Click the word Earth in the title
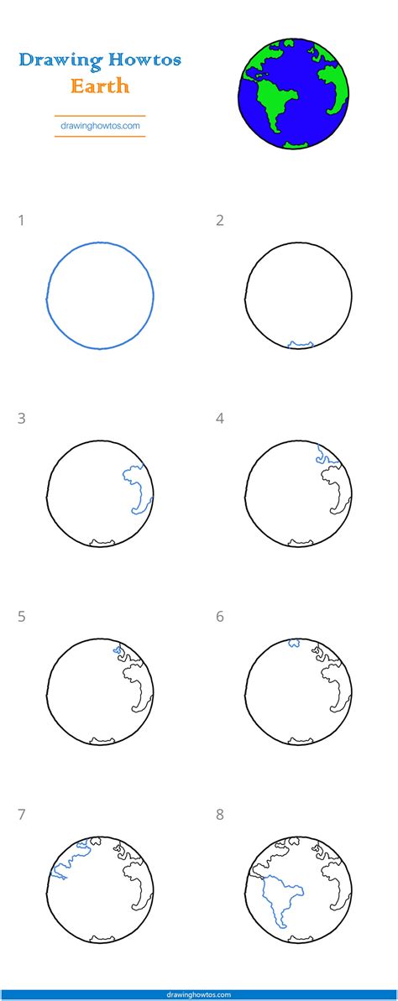[x=99, y=86]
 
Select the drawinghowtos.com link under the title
[x=99, y=127]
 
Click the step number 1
[x=21, y=221]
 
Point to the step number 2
[x=219, y=221]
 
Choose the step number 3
[x=21, y=419]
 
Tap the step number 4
[x=219, y=419]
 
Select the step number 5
[x=21, y=617]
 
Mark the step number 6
[x=219, y=617]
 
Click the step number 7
[x=21, y=815]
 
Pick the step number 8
[x=219, y=815]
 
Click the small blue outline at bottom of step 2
[x=300, y=344]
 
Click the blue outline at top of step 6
[x=295, y=644]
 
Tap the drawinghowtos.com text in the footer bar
[x=199, y=994]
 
